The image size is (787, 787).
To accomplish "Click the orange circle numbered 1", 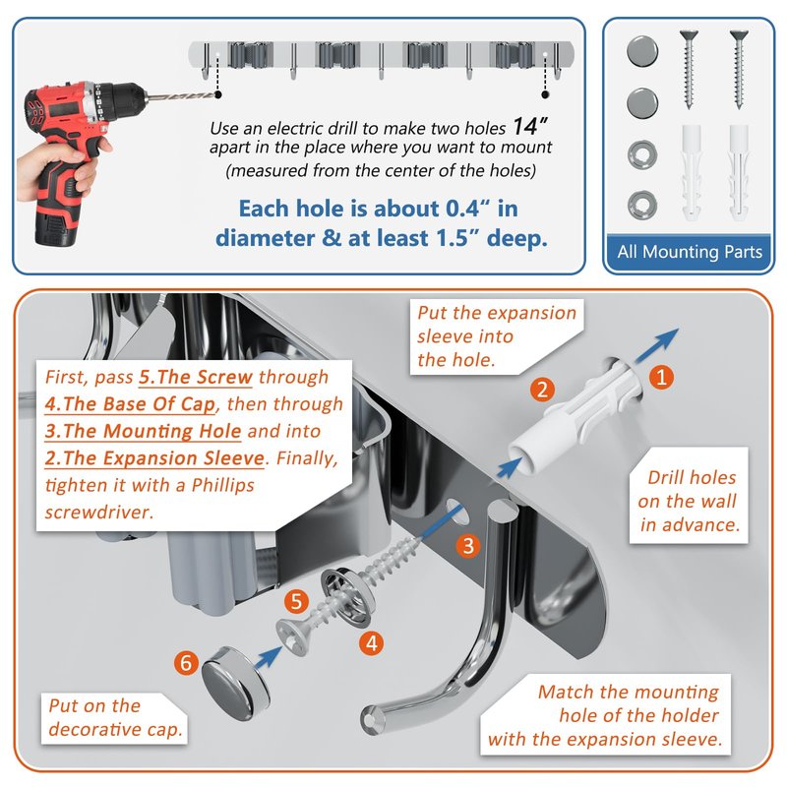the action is [x=661, y=377].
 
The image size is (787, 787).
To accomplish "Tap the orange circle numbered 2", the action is [x=542, y=390].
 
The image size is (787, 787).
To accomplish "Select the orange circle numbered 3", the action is [x=468, y=546].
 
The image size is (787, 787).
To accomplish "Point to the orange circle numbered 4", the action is [x=372, y=643].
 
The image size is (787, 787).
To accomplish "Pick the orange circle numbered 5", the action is [x=296, y=601].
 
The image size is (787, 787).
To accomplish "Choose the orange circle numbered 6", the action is [x=186, y=662].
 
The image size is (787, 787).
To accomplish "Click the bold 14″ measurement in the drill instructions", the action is [x=530, y=126].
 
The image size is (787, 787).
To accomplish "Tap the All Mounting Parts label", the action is [x=690, y=252].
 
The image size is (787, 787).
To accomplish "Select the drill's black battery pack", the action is [x=56, y=227].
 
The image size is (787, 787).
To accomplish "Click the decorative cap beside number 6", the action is [x=236, y=676].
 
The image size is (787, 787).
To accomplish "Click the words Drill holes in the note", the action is [x=692, y=477].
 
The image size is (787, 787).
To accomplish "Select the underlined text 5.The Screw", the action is [x=196, y=377].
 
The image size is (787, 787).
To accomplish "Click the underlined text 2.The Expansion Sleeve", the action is [x=154, y=458].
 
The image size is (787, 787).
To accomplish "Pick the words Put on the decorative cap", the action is [x=115, y=718].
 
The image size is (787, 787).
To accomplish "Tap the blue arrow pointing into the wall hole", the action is [x=656, y=346].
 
